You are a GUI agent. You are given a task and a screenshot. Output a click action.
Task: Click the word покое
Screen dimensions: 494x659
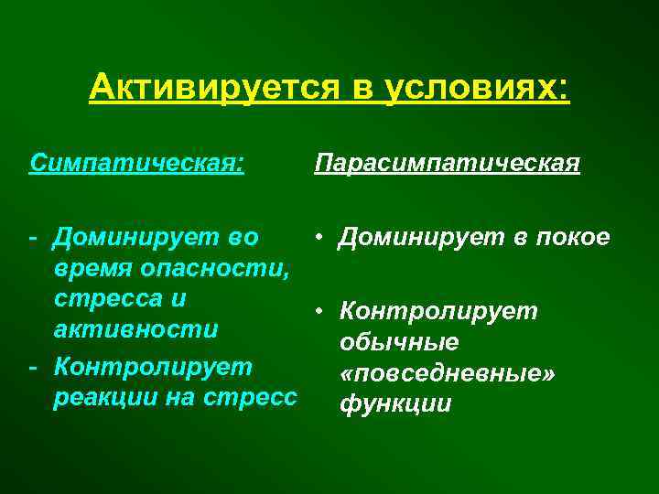(x=572, y=237)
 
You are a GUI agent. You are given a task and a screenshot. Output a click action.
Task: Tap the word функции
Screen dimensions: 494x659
(x=395, y=403)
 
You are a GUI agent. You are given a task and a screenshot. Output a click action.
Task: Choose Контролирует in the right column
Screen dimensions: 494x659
(x=438, y=311)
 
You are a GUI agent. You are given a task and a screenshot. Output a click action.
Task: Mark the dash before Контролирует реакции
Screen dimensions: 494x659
(x=33, y=368)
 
